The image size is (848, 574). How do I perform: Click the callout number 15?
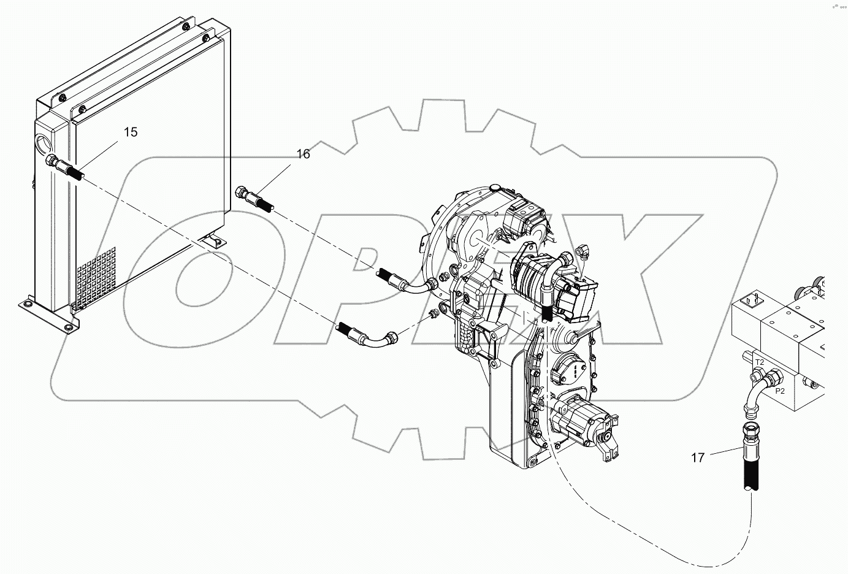tap(131, 132)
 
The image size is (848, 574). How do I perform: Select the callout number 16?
tap(304, 154)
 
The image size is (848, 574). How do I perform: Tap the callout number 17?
tap(698, 457)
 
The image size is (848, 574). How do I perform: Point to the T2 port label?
tap(759, 362)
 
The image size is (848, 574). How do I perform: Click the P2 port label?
tap(780, 390)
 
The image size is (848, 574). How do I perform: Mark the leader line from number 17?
tap(724, 453)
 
